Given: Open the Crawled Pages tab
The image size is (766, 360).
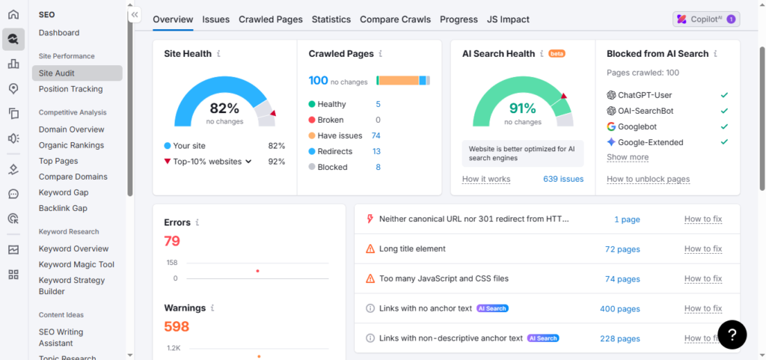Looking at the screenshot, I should (x=270, y=19).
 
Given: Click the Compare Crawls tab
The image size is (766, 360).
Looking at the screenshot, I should (x=395, y=19).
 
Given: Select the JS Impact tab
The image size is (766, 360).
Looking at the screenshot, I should (x=508, y=19).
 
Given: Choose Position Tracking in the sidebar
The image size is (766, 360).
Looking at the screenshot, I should (x=70, y=89).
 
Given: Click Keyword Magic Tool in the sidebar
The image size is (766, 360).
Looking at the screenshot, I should (x=76, y=264).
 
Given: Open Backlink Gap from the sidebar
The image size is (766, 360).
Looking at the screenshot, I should (x=63, y=208).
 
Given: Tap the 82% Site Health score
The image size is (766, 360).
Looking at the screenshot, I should (x=224, y=108).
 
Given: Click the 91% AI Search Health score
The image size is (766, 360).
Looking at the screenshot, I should (x=522, y=108).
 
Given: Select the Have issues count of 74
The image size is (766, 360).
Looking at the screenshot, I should (x=376, y=135).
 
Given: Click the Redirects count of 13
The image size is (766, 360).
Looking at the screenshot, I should (x=376, y=151).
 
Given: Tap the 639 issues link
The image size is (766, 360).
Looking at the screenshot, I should (x=563, y=179).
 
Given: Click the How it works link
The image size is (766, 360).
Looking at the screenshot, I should (x=486, y=179).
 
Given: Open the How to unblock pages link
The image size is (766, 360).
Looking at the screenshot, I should (x=648, y=179).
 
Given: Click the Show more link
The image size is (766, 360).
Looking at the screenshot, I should (x=628, y=157).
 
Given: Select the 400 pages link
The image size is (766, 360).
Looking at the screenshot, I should (x=619, y=308).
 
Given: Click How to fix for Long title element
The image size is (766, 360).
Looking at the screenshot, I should (x=702, y=248).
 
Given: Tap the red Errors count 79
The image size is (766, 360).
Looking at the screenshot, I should (x=172, y=241).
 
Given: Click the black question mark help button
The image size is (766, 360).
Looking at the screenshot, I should (x=732, y=335).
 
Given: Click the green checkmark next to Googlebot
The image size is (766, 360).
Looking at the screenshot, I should (x=723, y=126).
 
